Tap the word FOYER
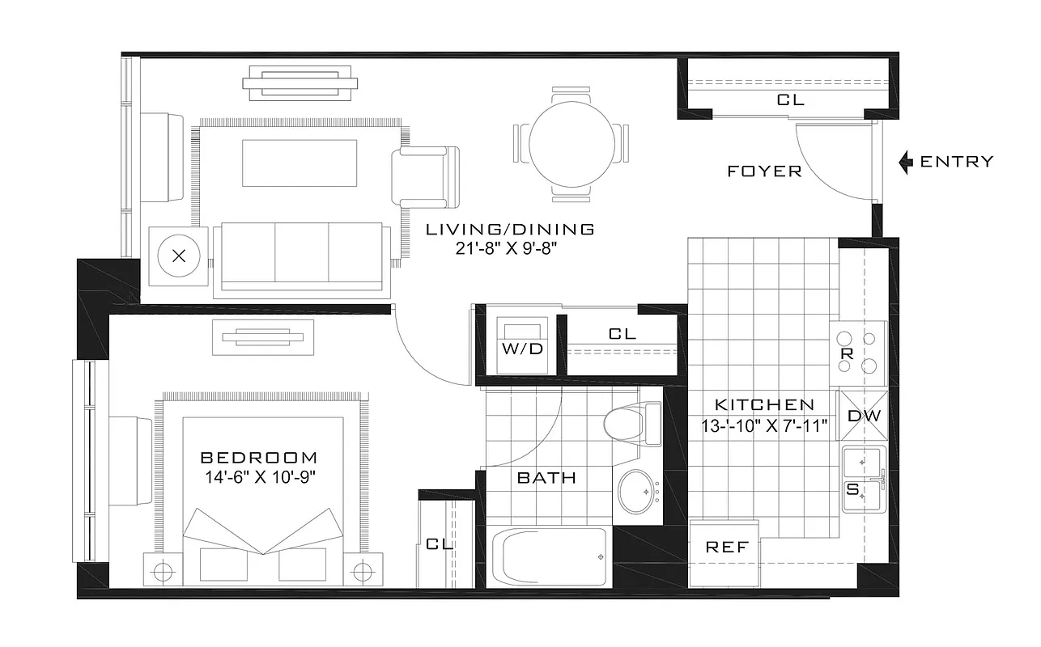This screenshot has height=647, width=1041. tap(764, 171)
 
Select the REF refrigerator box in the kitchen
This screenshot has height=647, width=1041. tap(726, 548)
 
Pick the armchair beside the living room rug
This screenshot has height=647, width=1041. tap(425, 176)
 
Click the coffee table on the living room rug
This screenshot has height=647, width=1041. tap(300, 163)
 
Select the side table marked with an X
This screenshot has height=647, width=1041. tap(180, 256)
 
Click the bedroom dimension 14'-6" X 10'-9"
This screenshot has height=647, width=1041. tap(259, 476)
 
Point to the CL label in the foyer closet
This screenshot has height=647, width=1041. tap(790, 100)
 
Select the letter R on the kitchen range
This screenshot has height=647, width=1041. tap(848, 353)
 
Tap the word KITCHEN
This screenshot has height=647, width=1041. tap(763, 405)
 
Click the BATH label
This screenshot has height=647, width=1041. tap(546, 478)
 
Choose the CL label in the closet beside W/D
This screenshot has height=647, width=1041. tap(622, 334)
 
